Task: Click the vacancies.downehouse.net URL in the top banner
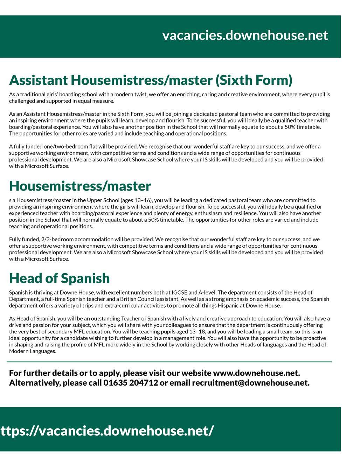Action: [x=245, y=35]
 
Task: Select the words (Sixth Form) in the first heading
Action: [x=254, y=80]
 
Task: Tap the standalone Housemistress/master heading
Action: [x=80, y=186]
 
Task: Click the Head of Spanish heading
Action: [x=60, y=278]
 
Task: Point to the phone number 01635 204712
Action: [x=131, y=382]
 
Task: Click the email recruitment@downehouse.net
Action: [x=250, y=382]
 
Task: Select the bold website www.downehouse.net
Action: [x=256, y=373]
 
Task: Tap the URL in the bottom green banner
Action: [x=107, y=430]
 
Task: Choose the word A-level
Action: [x=207, y=292]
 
